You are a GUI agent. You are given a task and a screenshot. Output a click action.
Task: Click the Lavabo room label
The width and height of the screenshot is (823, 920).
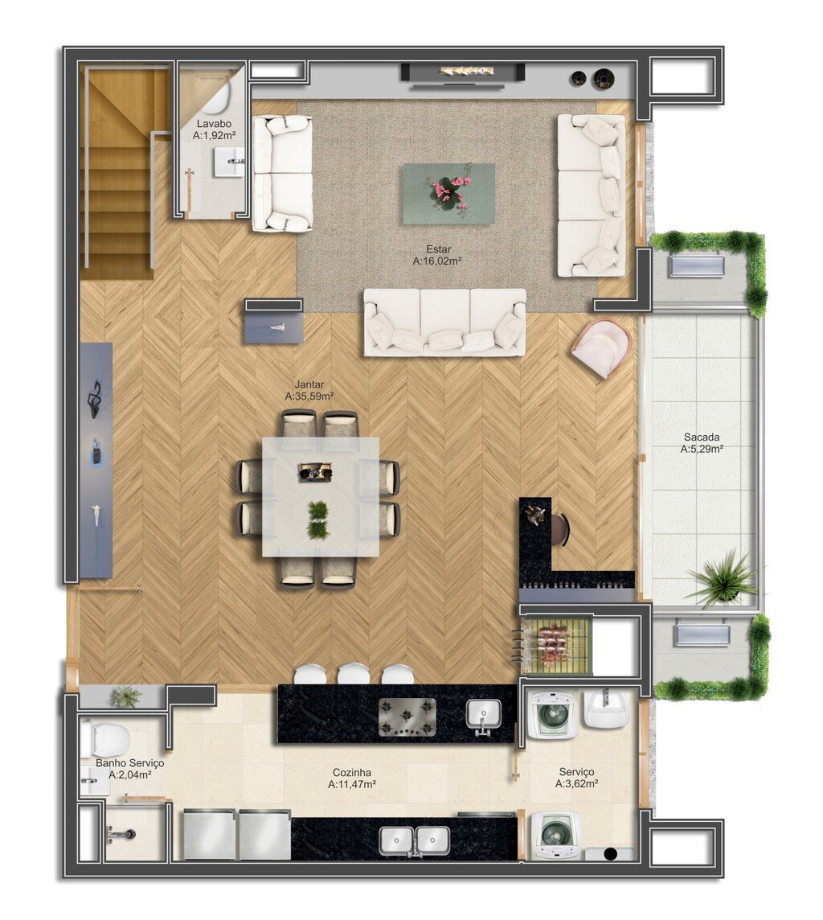coord(214,124)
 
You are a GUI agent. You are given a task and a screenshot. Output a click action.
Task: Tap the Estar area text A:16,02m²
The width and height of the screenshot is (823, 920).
coord(436,261)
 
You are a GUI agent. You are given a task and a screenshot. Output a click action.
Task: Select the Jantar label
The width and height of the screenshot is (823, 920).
coord(309,385)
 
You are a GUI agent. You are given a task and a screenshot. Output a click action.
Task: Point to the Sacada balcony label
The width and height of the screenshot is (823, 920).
coord(701,437)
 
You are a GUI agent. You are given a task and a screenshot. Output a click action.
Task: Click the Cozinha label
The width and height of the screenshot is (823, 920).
coord(352,772)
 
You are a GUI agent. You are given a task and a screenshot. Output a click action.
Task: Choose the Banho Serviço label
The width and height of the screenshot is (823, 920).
coord(129,763)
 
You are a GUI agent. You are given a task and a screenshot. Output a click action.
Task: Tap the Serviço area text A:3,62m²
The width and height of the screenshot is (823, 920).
coord(577,784)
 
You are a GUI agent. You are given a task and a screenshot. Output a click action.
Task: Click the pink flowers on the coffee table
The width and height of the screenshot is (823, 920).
coord(449,192)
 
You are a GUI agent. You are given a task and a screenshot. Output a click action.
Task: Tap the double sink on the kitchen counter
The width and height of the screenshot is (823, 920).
coord(415,840)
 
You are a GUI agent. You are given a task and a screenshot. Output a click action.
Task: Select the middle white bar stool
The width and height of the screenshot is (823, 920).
coord(353,674)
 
